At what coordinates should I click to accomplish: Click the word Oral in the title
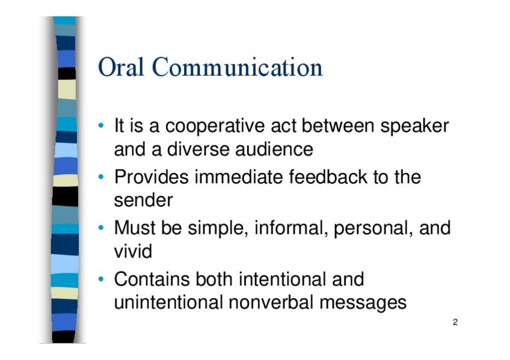coord(121,67)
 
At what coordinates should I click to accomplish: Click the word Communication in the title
coord(237,67)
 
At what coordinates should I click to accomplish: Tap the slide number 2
coord(455,322)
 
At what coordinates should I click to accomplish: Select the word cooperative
coord(215,126)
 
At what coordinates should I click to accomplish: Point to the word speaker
coord(415,126)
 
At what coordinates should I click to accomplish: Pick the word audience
coord(274,149)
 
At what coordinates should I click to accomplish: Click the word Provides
coord(151,177)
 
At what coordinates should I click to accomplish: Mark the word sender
coord(143,201)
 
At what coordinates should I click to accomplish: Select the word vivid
coord(133,251)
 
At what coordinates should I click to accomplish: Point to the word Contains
coord(152,279)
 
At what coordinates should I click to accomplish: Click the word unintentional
coord(168,302)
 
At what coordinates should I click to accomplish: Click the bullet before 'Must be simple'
coord(101,228)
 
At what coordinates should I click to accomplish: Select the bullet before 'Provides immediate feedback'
coord(101,177)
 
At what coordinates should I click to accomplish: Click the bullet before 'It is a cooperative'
coord(101,126)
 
